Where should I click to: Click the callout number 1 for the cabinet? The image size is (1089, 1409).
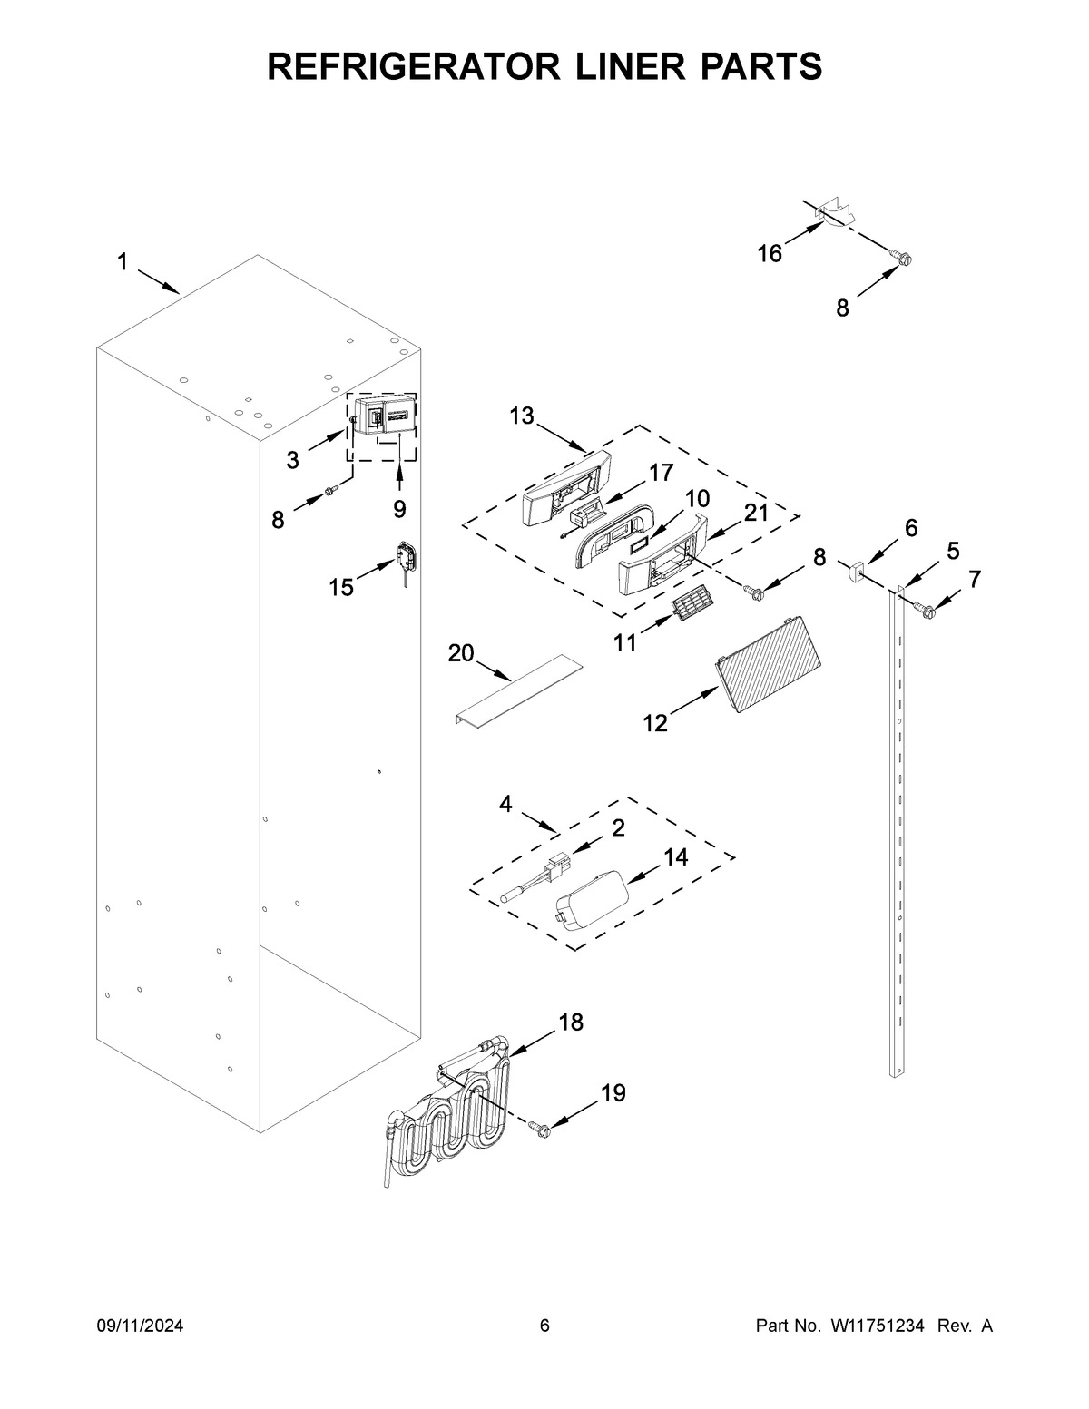pyautogui.click(x=122, y=263)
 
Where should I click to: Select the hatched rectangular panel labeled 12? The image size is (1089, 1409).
pyautogui.click(x=767, y=660)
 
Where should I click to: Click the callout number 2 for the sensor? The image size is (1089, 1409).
pyautogui.click(x=618, y=827)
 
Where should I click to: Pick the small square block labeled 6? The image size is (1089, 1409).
pyautogui.click(x=855, y=572)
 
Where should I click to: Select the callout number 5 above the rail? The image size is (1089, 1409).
pyautogui.click(x=953, y=551)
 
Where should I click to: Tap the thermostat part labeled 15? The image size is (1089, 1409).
pyautogui.click(x=407, y=557)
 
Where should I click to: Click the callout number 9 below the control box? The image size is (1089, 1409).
pyautogui.click(x=399, y=509)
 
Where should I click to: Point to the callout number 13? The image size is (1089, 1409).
pyautogui.click(x=521, y=416)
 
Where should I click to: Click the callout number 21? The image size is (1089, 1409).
pyautogui.click(x=756, y=513)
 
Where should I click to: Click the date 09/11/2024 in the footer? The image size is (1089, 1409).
pyautogui.click(x=140, y=1326)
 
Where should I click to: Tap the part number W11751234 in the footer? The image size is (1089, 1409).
pyautogui.click(x=877, y=1326)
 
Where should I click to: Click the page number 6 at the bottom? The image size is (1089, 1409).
pyautogui.click(x=544, y=1326)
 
